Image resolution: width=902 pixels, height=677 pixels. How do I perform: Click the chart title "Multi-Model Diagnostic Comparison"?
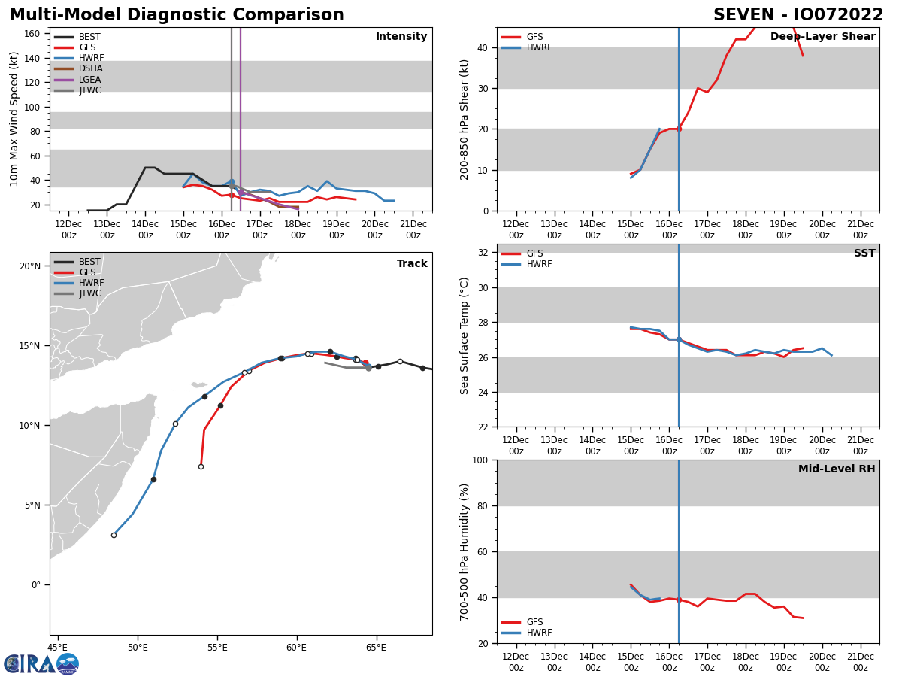(x=177, y=15)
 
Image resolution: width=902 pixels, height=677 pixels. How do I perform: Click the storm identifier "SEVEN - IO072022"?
(x=798, y=15)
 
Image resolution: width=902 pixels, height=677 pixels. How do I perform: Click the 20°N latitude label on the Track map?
(x=30, y=266)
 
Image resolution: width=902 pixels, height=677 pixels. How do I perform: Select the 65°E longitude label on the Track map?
(x=376, y=647)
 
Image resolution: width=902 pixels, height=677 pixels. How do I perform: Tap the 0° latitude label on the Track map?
(x=35, y=585)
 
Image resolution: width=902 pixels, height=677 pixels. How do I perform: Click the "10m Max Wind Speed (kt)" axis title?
(x=14, y=119)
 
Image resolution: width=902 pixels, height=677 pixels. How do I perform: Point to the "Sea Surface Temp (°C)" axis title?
(x=465, y=335)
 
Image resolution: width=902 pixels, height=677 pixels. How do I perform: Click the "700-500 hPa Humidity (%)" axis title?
(x=465, y=551)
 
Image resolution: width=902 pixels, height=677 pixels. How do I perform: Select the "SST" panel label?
(x=864, y=253)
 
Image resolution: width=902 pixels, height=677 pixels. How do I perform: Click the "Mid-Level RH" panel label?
(x=837, y=469)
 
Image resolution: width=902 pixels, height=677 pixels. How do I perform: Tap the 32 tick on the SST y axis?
(x=483, y=253)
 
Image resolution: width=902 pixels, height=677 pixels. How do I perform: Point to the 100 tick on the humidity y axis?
(x=480, y=460)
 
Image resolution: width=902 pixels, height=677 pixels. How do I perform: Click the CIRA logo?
(x=41, y=664)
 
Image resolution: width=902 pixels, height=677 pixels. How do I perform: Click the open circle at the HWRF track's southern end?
(x=114, y=535)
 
